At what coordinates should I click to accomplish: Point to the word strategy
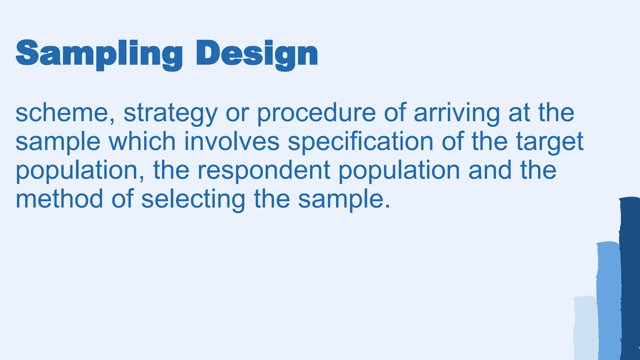click(170, 113)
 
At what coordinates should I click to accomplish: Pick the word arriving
click(457, 113)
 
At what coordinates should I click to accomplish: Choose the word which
click(142, 142)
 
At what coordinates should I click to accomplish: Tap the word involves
click(232, 142)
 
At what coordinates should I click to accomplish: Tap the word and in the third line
click(490, 170)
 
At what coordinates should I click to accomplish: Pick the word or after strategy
click(237, 113)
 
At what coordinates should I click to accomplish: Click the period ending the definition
click(387, 207)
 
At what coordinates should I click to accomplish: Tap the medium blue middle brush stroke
click(608, 300)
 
